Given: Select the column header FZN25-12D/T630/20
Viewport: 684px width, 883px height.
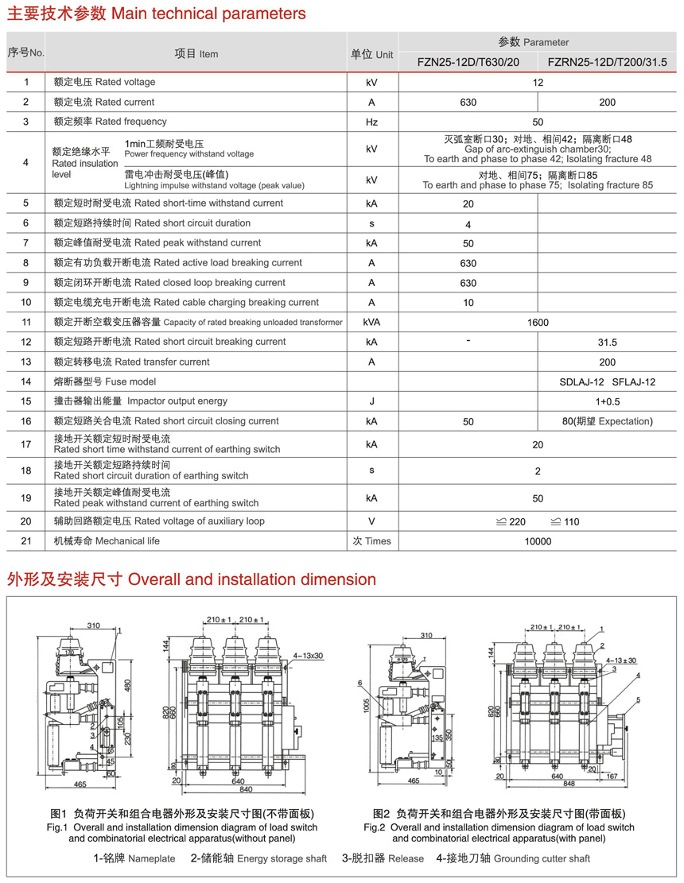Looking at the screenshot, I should (468, 62).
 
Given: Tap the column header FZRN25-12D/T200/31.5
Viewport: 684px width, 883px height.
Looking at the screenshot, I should (608, 62).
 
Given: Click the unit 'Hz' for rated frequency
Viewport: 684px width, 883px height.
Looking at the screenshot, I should (371, 122).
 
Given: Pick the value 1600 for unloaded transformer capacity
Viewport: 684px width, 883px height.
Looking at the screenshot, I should (538, 323).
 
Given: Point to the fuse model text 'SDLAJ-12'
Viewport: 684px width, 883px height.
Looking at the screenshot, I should (582, 382).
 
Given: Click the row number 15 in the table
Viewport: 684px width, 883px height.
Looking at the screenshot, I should (26, 401).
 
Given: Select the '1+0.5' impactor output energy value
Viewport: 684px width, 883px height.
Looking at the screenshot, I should (607, 402).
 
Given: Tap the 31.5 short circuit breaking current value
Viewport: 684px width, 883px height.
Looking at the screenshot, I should (607, 343).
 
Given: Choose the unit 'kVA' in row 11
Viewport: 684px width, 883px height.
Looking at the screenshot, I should (371, 323).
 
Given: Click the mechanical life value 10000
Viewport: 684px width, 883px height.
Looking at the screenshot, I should (538, 541).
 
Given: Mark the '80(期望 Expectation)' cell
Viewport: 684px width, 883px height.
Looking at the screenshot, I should (607, 421).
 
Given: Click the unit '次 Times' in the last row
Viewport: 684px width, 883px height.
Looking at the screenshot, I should (371, 541).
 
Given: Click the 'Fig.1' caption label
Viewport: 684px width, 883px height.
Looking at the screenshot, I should (57, 827).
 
